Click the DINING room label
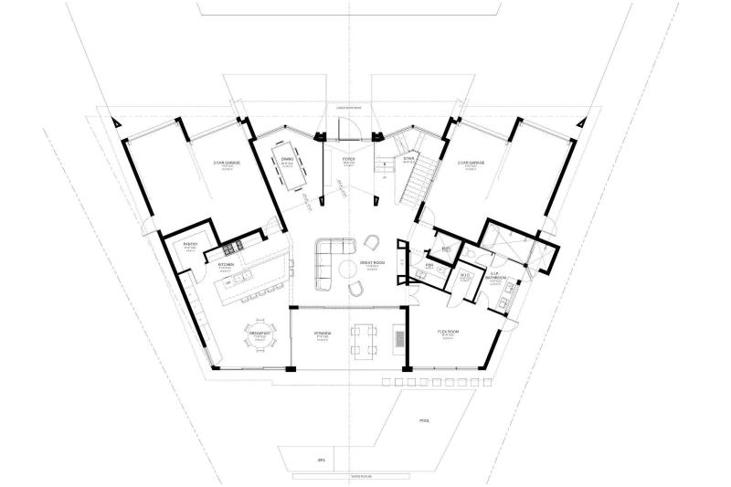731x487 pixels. coord(288,158)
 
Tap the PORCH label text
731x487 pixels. coord(348,159)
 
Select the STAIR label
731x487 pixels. coord(409,158)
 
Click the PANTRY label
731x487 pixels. coord(190,244)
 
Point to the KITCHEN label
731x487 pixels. coord(224,265)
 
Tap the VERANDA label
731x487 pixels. coord(323,334)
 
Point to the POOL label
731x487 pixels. coord(424,422)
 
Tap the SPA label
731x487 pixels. coord(321,461)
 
